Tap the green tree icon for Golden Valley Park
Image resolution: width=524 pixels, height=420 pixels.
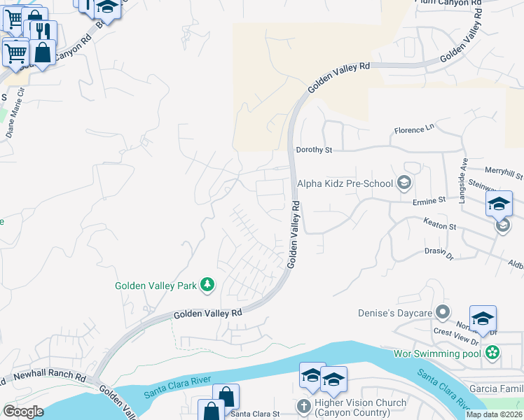[207, 284]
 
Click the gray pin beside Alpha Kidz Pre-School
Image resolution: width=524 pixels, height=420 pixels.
[404, 184]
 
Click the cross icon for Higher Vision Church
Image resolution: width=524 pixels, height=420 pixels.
[303, 407]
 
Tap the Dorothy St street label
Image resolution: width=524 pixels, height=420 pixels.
[313, 150]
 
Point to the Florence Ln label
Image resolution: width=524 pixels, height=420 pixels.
[414, 130]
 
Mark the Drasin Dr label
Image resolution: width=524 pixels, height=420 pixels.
[439, 253]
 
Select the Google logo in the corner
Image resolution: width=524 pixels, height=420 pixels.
[23, 411]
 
